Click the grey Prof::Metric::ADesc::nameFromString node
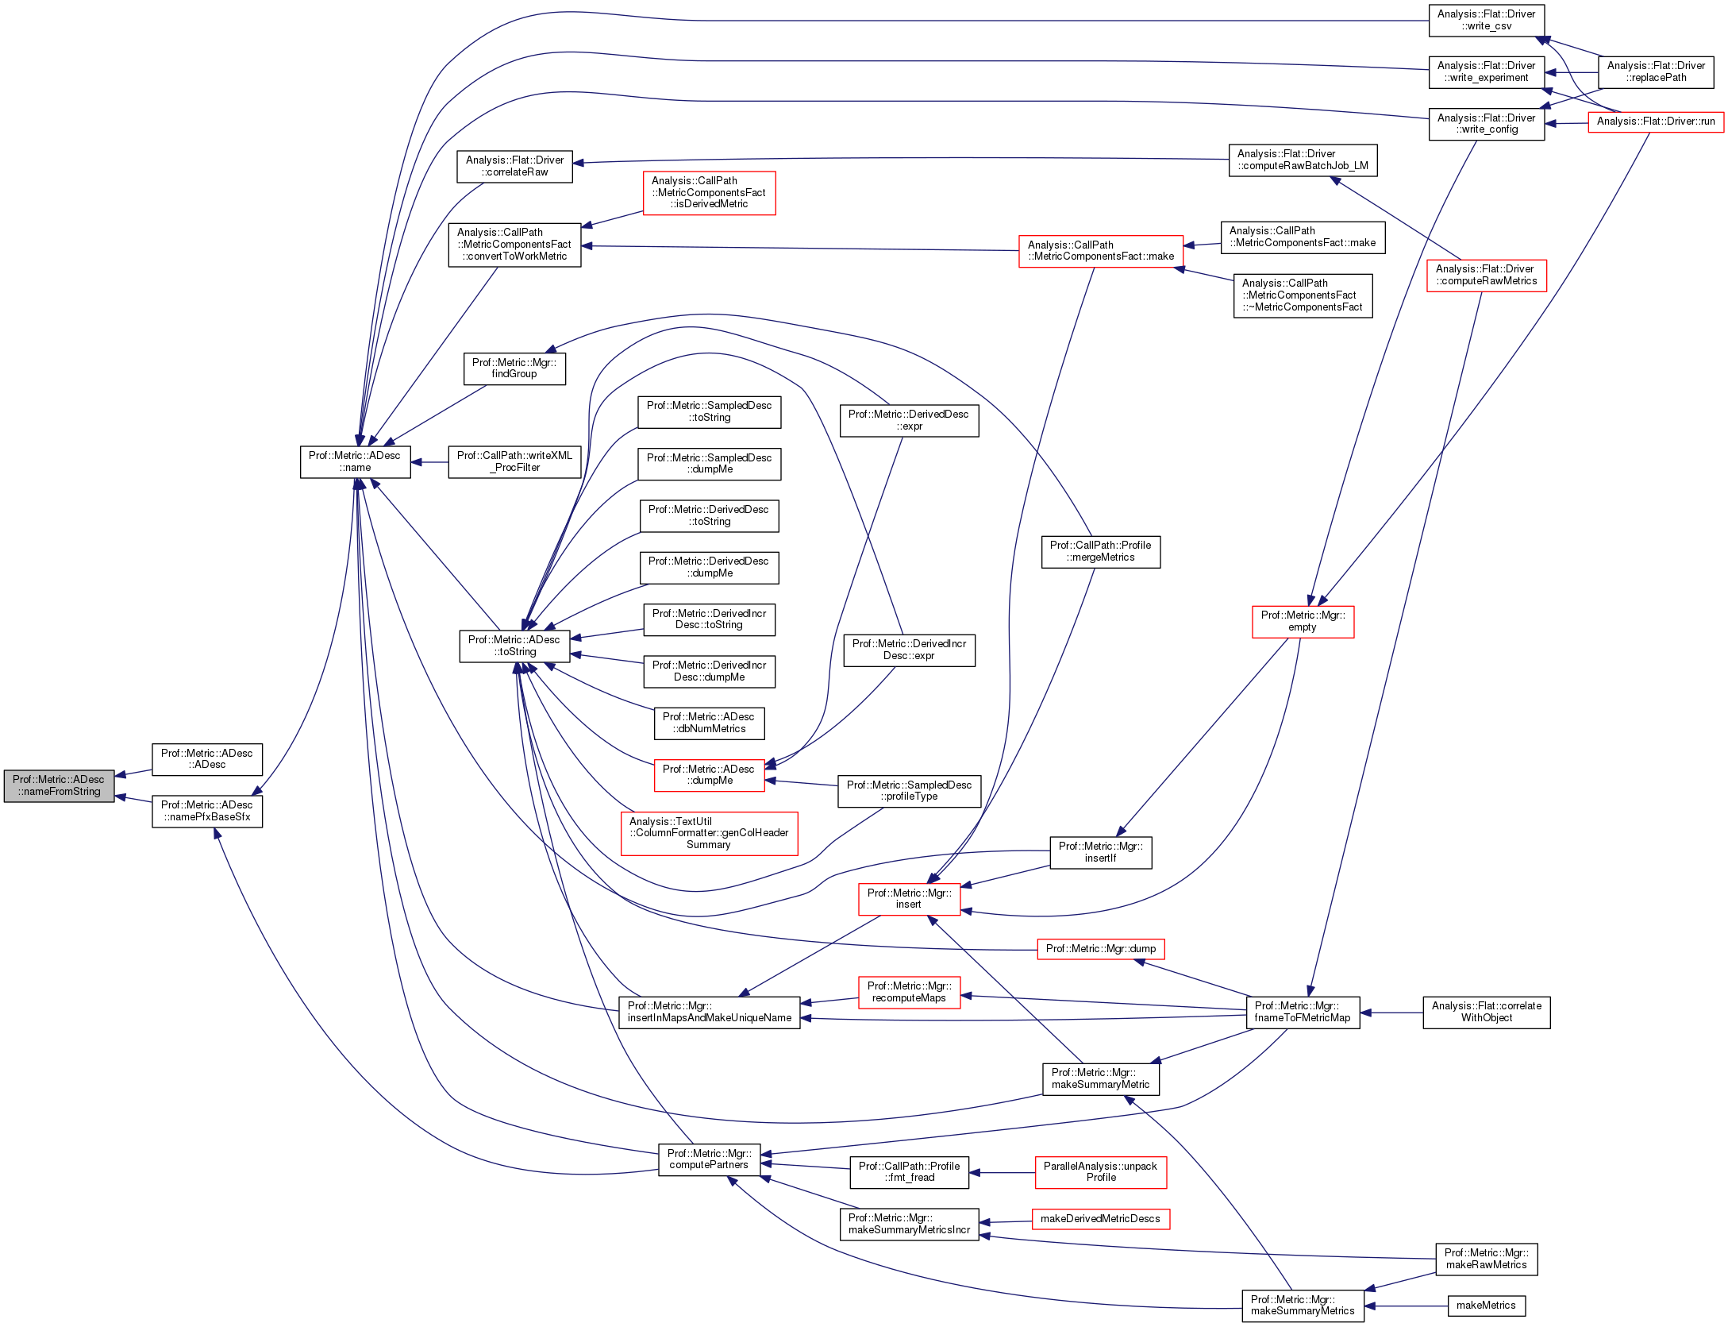tap(59, 785)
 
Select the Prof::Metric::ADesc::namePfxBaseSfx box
tap(207, 811)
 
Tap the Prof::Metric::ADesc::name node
tap(355, 461)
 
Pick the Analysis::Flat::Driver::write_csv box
tap(1486, 20)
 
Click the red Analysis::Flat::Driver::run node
tap(1655, 122)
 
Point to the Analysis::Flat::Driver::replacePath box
tap(1655, 71)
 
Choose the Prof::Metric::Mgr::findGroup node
tap(514, 368)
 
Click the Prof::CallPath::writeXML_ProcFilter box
tap(514, 461)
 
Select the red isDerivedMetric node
tap(709, 192)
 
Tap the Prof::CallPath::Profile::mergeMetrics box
tap(1100, 551)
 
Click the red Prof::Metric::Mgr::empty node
tap(1303, 621)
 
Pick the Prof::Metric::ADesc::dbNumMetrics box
tap(709, 723)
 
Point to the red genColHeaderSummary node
tap(709, 833)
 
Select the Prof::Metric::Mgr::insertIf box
tap(1100, 852)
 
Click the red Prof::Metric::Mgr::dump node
tap(1100, 948)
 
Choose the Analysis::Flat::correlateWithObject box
tap(1486, 1012)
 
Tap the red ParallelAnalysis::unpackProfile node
tap(1100, 1171)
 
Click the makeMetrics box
tap(1486, 1305)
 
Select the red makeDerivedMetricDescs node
tap(1100, 1218)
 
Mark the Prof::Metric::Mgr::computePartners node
tap(709, 1159)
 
